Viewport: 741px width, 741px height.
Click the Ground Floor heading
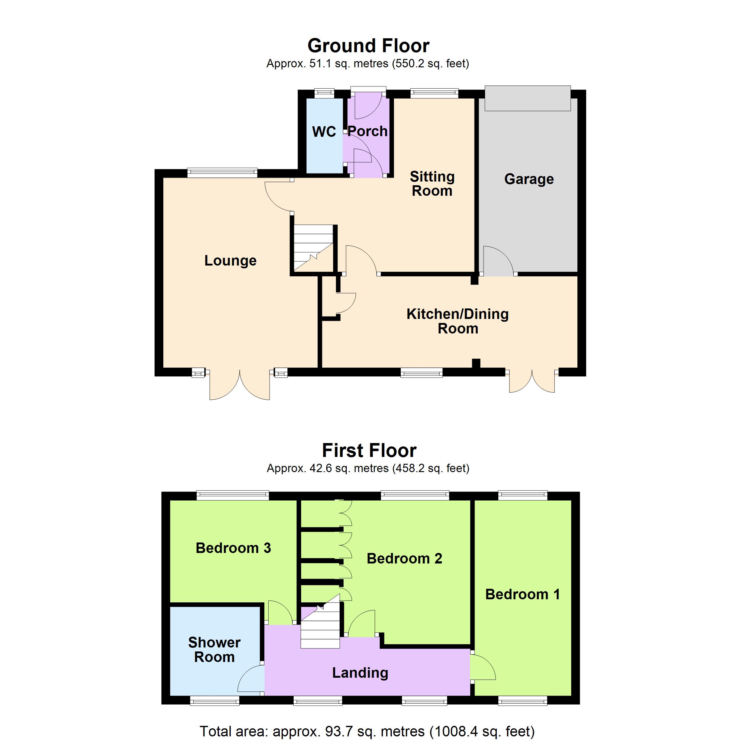(x=368, y=46)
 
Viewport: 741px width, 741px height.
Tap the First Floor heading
(x=369, y=451)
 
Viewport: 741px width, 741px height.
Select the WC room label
(x=324, y=132)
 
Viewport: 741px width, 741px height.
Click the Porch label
(x=367, y=132)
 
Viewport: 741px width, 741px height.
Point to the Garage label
(x=529, y=179)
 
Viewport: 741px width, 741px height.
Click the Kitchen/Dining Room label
(x=458, y=321)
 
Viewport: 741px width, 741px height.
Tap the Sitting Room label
(x=432, y=184)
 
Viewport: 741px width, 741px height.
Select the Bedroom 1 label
(x=522, y=594)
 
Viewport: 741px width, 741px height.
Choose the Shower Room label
(x=214, y=650)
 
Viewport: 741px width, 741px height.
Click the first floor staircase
(x=320, y=625)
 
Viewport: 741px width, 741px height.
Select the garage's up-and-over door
(x=528, y=98)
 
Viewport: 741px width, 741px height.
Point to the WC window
(x=324, y=92)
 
